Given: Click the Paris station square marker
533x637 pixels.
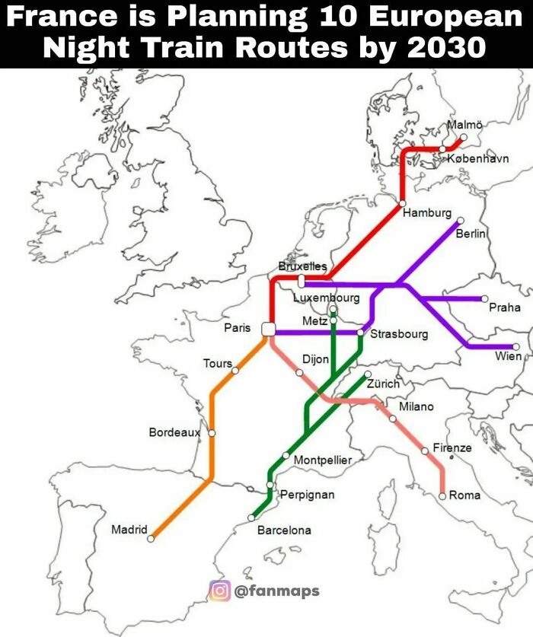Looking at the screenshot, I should pyautogui.click(x=267, y=329).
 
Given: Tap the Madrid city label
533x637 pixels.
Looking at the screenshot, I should pyautogui.click(x=129, y=529).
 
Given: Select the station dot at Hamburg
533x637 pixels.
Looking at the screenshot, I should pyautogui.click(x=402, y=204).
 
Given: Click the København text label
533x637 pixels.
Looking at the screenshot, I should pyautogui.click(x=477, y=158).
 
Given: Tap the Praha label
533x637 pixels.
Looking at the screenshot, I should pyautogui.click(x=505, y=307).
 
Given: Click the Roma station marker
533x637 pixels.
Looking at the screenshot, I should pyautogui.click(x=442, y=495).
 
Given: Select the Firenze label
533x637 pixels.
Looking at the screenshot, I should pyautogui.click(x=452, y=447).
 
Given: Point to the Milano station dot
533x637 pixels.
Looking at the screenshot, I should pyautogui.click(x=393, y=419).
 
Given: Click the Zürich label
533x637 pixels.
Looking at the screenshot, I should pyautogui.click(x=383, y=385).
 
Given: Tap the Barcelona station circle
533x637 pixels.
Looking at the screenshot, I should pyautogui.click(x=251, y=518).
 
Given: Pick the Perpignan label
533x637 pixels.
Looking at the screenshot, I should pyautogui.click(x=307, y=495).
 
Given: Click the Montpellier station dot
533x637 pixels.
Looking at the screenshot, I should pyautogui.click(x=286, y=455).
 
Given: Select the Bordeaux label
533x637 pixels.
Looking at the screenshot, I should pyautogui.click(x=174, y=432).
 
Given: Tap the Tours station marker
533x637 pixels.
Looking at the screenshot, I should pyautogui.click(x=235, y=371).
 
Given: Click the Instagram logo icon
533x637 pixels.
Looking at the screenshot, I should pyautogui.click(x=219, y=591).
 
